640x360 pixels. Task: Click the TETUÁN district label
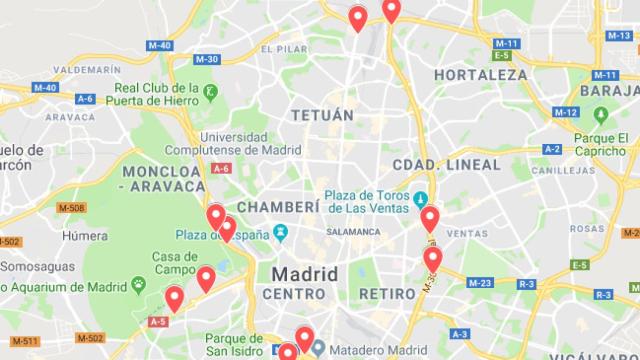coord(322,115)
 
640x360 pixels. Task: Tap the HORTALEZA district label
coord(480,75)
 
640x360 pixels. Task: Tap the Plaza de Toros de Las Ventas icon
coord(421,195)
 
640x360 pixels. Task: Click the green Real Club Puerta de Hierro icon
coord(211,96)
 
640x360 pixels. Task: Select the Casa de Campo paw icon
coord(137,284)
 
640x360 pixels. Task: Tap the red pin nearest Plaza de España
coord(226,228)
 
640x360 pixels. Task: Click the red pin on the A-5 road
coord(174,297)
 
